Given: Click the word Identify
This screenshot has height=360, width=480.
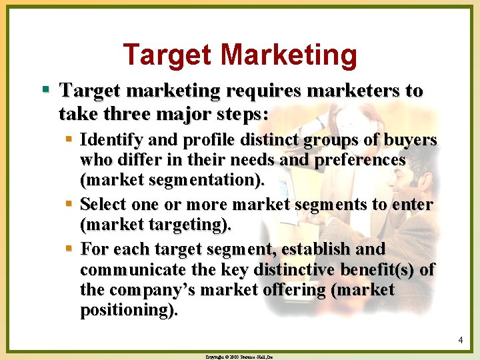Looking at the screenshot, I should click(108, 140).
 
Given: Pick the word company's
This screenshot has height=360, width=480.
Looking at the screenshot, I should click(151, 291).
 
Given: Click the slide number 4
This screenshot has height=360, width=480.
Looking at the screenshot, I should click(461, 341).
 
